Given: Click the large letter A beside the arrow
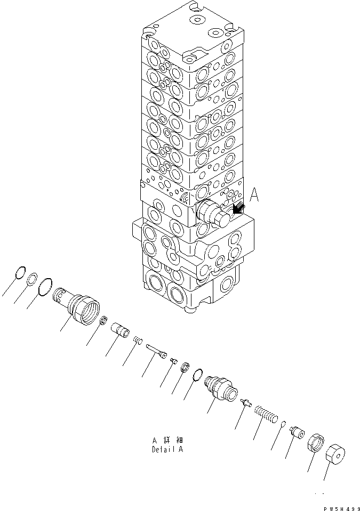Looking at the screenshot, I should [254, 197].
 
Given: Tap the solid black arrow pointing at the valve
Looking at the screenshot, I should [238, 210].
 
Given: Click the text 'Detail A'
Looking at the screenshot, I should [168, 449].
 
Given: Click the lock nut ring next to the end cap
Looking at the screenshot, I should [316, 445].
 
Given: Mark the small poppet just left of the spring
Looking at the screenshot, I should [245, 403].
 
